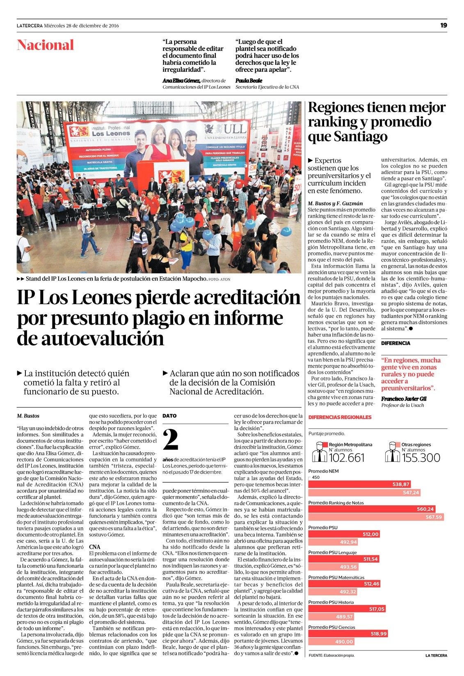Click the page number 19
click(443, 25)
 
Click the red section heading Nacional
click(46, 45)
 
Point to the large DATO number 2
click(171, 440)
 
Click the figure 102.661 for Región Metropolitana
click(347, 458)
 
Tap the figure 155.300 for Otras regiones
click(421, 458)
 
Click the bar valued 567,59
click(376, 517)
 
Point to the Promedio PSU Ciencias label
click(332, 627)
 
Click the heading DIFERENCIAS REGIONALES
click(340, 417)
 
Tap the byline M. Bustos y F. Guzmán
click(335, 203)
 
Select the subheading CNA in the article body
click(95, 547)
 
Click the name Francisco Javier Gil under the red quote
click(404, 399)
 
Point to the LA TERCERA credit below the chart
click(436, 655)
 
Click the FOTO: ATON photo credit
click(219, 279)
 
